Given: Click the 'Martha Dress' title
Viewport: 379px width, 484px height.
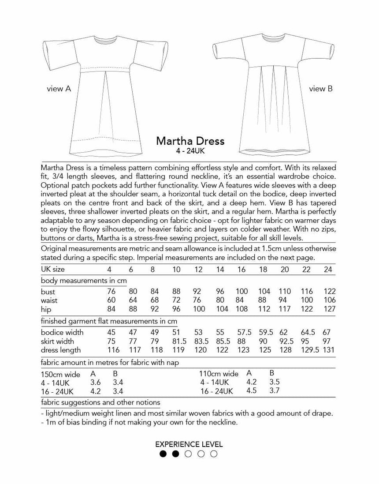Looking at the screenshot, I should click(x=190, y=141).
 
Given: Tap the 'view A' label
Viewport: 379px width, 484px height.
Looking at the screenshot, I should click(x=59, y=89).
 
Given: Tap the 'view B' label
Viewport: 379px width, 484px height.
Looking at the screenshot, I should click(x=320, y=89).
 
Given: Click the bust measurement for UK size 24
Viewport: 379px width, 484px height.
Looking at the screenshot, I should click(x=329, y=292).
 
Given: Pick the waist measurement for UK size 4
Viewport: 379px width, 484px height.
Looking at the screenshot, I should click(x=112, y=300).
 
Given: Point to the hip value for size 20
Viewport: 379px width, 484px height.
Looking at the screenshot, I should click(x=285, y=309).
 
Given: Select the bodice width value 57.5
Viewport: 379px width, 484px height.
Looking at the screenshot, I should click(x=242, y=332).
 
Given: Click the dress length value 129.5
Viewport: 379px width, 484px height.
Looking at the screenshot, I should click(x=307, y=350).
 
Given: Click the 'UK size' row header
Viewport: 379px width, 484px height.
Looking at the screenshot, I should click(x=52, y=269).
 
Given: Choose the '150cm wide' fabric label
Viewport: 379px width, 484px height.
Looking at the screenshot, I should click(x=60, y=375).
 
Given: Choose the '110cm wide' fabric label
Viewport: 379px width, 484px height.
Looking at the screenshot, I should click(x=219, y=374).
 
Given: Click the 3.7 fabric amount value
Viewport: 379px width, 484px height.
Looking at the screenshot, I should click(x=274, y=391).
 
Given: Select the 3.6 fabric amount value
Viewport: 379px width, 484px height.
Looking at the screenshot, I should click(x=96, y=383).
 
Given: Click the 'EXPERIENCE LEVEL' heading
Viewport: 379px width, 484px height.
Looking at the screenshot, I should click(x=189, y=444).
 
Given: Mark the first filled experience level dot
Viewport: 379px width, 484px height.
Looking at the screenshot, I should click(x=163, y=454).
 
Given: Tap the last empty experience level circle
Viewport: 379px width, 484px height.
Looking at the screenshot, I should click(x=214, y=454).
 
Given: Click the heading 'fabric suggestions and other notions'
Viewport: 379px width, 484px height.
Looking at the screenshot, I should click(x=100, y=402).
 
